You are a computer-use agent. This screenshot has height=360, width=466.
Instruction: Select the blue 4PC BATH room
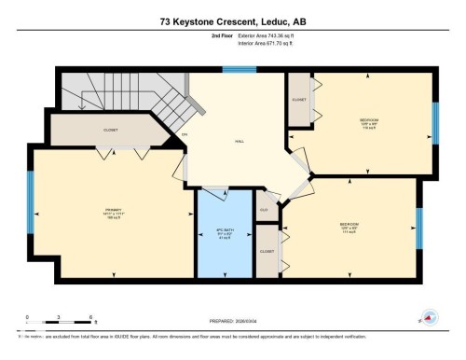coord(225,232)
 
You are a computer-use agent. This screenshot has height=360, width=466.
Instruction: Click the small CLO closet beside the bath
coord(265,209)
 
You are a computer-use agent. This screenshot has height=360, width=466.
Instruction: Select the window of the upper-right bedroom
coord(435,122)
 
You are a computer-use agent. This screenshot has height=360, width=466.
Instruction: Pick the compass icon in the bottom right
coord(430,317)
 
